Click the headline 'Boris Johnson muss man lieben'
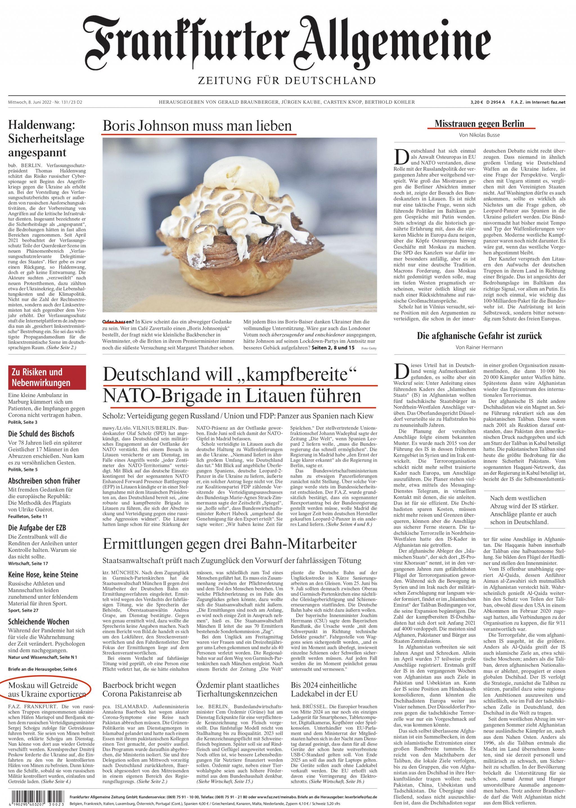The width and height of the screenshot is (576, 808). coord(197,126)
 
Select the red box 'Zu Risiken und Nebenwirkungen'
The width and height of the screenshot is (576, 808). coord(47,377)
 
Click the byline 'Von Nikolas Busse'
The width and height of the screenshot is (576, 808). coord(479,135)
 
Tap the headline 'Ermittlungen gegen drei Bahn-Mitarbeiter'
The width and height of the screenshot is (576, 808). coord(229,544)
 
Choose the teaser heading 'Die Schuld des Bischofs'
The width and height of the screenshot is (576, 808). coord(41,434)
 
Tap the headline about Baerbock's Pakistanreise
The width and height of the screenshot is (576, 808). coord(141,689)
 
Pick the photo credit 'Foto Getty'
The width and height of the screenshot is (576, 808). coord(369,348)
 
